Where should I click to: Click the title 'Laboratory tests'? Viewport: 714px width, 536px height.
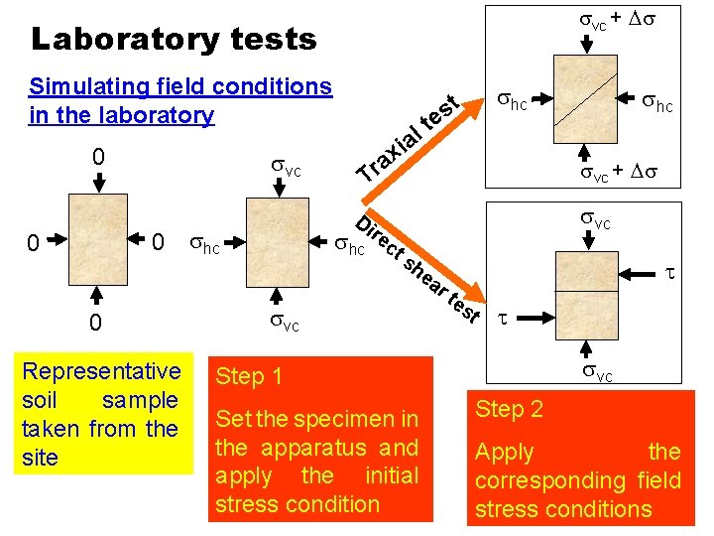point(174,39)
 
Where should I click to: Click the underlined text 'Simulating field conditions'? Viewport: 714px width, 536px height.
point(180,86)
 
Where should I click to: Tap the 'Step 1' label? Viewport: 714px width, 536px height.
point(249,376)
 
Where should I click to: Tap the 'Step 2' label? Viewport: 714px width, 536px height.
point(510,409)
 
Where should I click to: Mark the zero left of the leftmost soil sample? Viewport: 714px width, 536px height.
point(33,242)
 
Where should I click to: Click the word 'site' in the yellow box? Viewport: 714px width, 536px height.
point(40,458)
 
